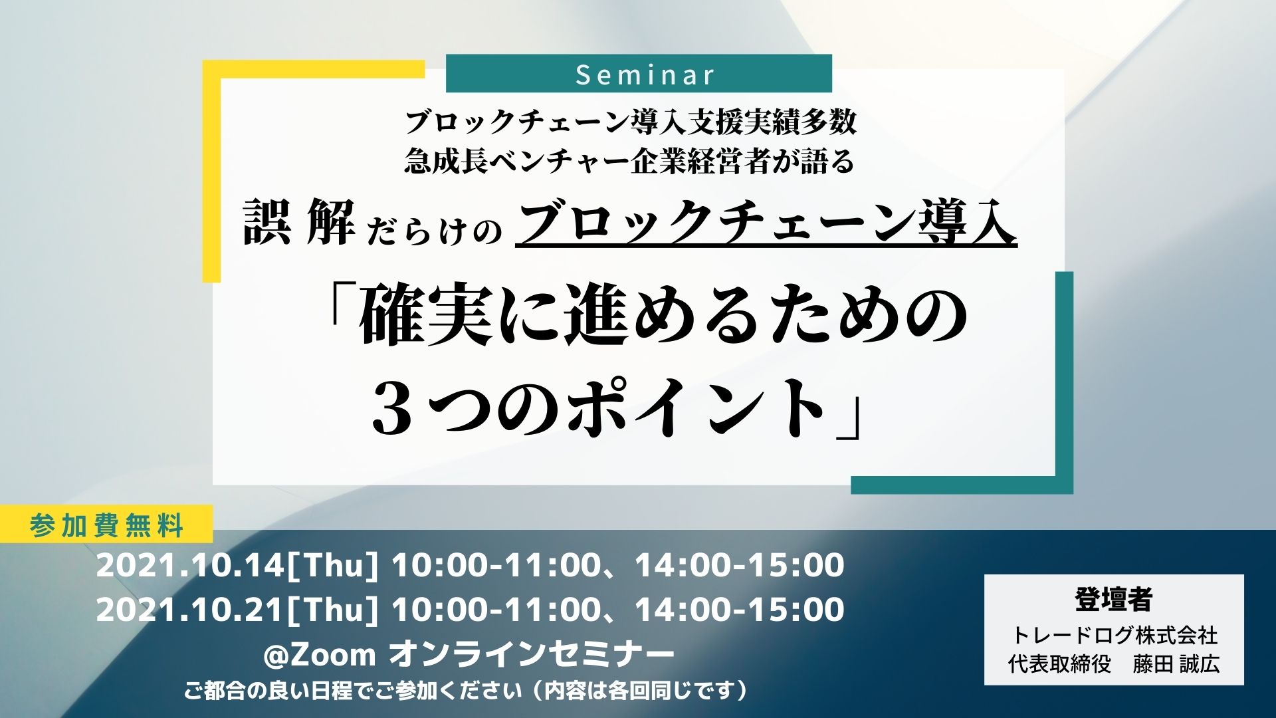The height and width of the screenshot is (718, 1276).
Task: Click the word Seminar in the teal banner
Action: (x=645, y=74)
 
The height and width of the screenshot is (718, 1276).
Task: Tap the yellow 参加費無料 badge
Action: (x=106, y=525)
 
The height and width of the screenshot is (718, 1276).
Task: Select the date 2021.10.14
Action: (x=190, y=565)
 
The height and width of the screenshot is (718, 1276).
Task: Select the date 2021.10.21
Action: (x=190, y=610)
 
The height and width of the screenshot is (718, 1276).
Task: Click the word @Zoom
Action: (x=320, y=655)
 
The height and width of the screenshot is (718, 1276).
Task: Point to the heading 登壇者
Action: (x=1113, y=599)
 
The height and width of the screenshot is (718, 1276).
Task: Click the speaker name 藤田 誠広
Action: (x=1176, y=663)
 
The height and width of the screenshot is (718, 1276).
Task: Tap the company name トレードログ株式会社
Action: (x=1114, y=635)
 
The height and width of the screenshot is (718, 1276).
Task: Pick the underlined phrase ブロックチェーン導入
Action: (x=766, y=224)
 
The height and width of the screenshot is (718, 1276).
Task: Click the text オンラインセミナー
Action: (x=531, y=655)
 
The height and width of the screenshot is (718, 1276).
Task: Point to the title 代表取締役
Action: (x=1059, y=663)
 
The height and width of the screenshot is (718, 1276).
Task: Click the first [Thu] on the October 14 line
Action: (x=332, y=565)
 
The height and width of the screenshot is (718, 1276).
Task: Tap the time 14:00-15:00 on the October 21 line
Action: (x=740, y=610)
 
